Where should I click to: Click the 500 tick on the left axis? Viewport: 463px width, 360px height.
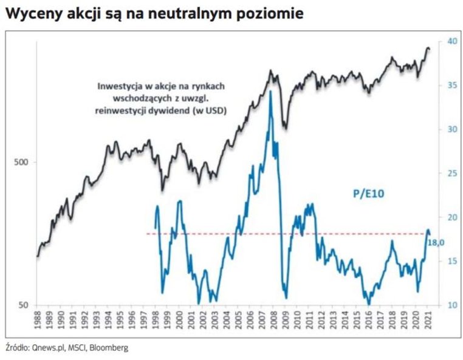coord(22,162)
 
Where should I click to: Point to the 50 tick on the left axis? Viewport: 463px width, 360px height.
coord(24,305)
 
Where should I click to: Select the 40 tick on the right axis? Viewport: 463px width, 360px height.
coord(451,41)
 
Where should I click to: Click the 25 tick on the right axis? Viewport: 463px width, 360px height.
coord(451,173)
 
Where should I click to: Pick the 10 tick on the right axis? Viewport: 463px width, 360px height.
coord(451,305)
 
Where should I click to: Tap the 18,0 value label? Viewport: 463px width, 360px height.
coord(437,242)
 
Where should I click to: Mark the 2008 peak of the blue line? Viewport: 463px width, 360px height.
coord(270,92)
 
